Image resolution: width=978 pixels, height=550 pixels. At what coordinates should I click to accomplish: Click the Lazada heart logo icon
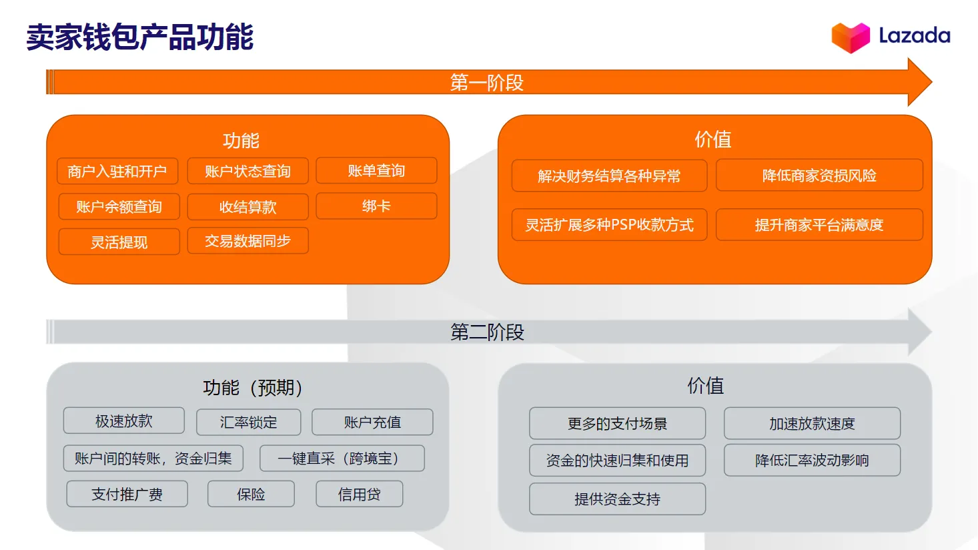pos(850,37)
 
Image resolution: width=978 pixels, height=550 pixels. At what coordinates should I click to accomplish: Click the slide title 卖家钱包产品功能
pos(140,37)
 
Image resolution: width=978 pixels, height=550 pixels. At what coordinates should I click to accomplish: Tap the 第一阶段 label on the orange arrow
pos(487,83)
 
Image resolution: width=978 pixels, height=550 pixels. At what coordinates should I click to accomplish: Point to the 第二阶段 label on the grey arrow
pos(487,332)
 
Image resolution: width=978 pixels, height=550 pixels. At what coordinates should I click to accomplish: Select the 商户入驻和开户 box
pos(117,172)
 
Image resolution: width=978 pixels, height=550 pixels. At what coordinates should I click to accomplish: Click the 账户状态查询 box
pos(248,172)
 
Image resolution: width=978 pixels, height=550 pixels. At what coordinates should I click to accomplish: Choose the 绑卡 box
pos(376,206)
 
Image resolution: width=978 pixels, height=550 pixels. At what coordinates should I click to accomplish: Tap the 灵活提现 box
pos(119,242)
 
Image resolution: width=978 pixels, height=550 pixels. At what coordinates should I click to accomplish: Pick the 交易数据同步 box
pos(248,241)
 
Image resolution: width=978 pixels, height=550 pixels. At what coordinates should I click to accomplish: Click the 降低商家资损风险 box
pos(819,176)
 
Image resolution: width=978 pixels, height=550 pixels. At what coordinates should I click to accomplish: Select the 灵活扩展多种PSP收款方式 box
pos(609,225)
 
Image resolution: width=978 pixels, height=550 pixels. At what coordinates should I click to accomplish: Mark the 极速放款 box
pos(124,421)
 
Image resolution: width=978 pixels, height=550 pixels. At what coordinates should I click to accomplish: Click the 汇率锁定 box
pos(248,423)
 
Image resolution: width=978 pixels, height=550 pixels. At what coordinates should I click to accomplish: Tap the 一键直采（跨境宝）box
pos(342,459)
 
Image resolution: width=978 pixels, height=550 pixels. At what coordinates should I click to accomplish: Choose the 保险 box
pos(251,495)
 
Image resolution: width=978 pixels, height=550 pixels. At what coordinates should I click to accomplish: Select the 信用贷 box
pos(359,495)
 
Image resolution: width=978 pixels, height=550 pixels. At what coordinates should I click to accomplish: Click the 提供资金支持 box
pos(617,499)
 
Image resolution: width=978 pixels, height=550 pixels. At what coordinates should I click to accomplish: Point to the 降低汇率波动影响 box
pos(812,461)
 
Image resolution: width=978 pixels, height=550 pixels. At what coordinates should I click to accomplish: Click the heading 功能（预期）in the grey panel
pos(253,388)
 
